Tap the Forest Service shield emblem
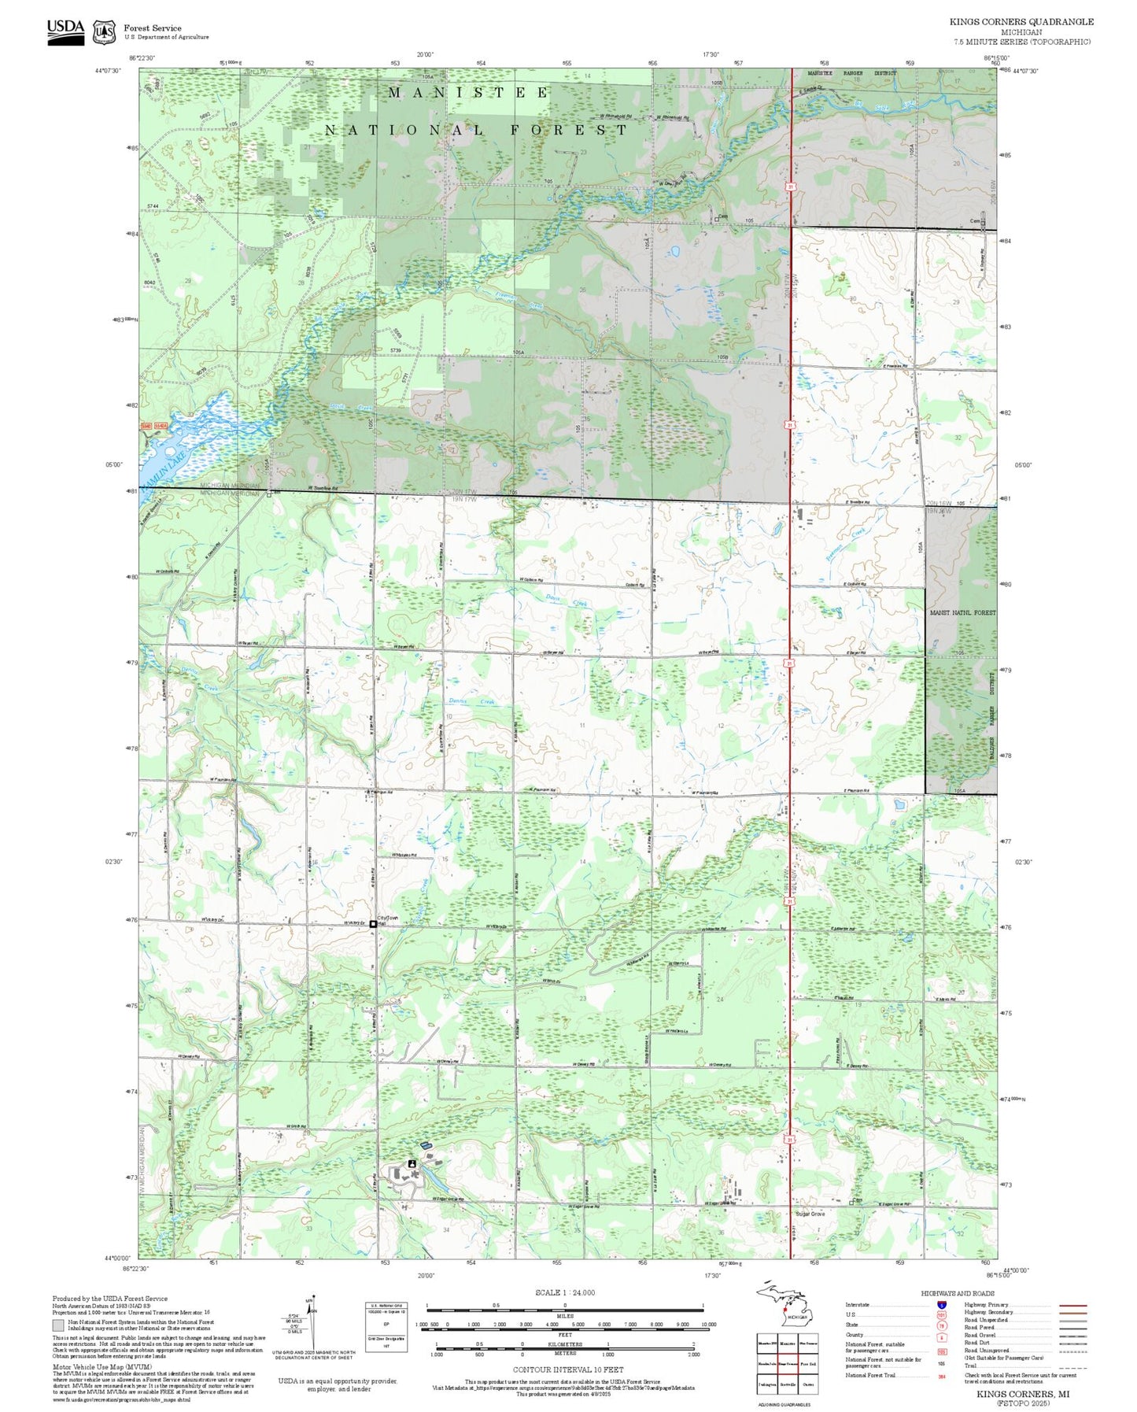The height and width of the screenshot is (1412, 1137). click(104, 31)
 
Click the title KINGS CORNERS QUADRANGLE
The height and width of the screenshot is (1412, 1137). click(1021, 21)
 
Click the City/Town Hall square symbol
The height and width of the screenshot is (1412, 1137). click(373, 924)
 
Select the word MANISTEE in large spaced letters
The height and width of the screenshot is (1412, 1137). click(468, 93)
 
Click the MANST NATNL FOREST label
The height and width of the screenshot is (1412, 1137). click(962, 612)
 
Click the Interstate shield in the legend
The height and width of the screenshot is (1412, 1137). click(942, 1304)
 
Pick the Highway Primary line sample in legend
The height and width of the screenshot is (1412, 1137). click(1072, 1305)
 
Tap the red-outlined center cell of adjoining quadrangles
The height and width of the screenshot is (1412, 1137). click(788, 1363)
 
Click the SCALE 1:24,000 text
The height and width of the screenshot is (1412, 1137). click(564, 1292)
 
